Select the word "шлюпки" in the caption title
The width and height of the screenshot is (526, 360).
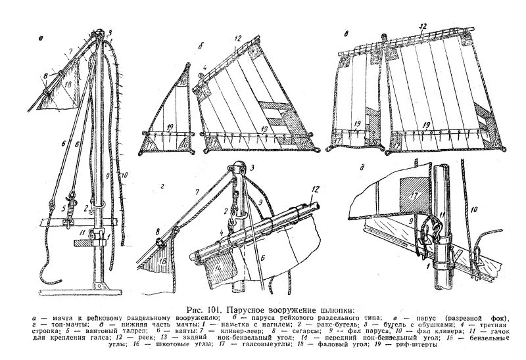pyautogui.click(x=335, y=309)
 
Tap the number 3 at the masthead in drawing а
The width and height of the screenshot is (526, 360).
pyautogui.click(x=110, y=31)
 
